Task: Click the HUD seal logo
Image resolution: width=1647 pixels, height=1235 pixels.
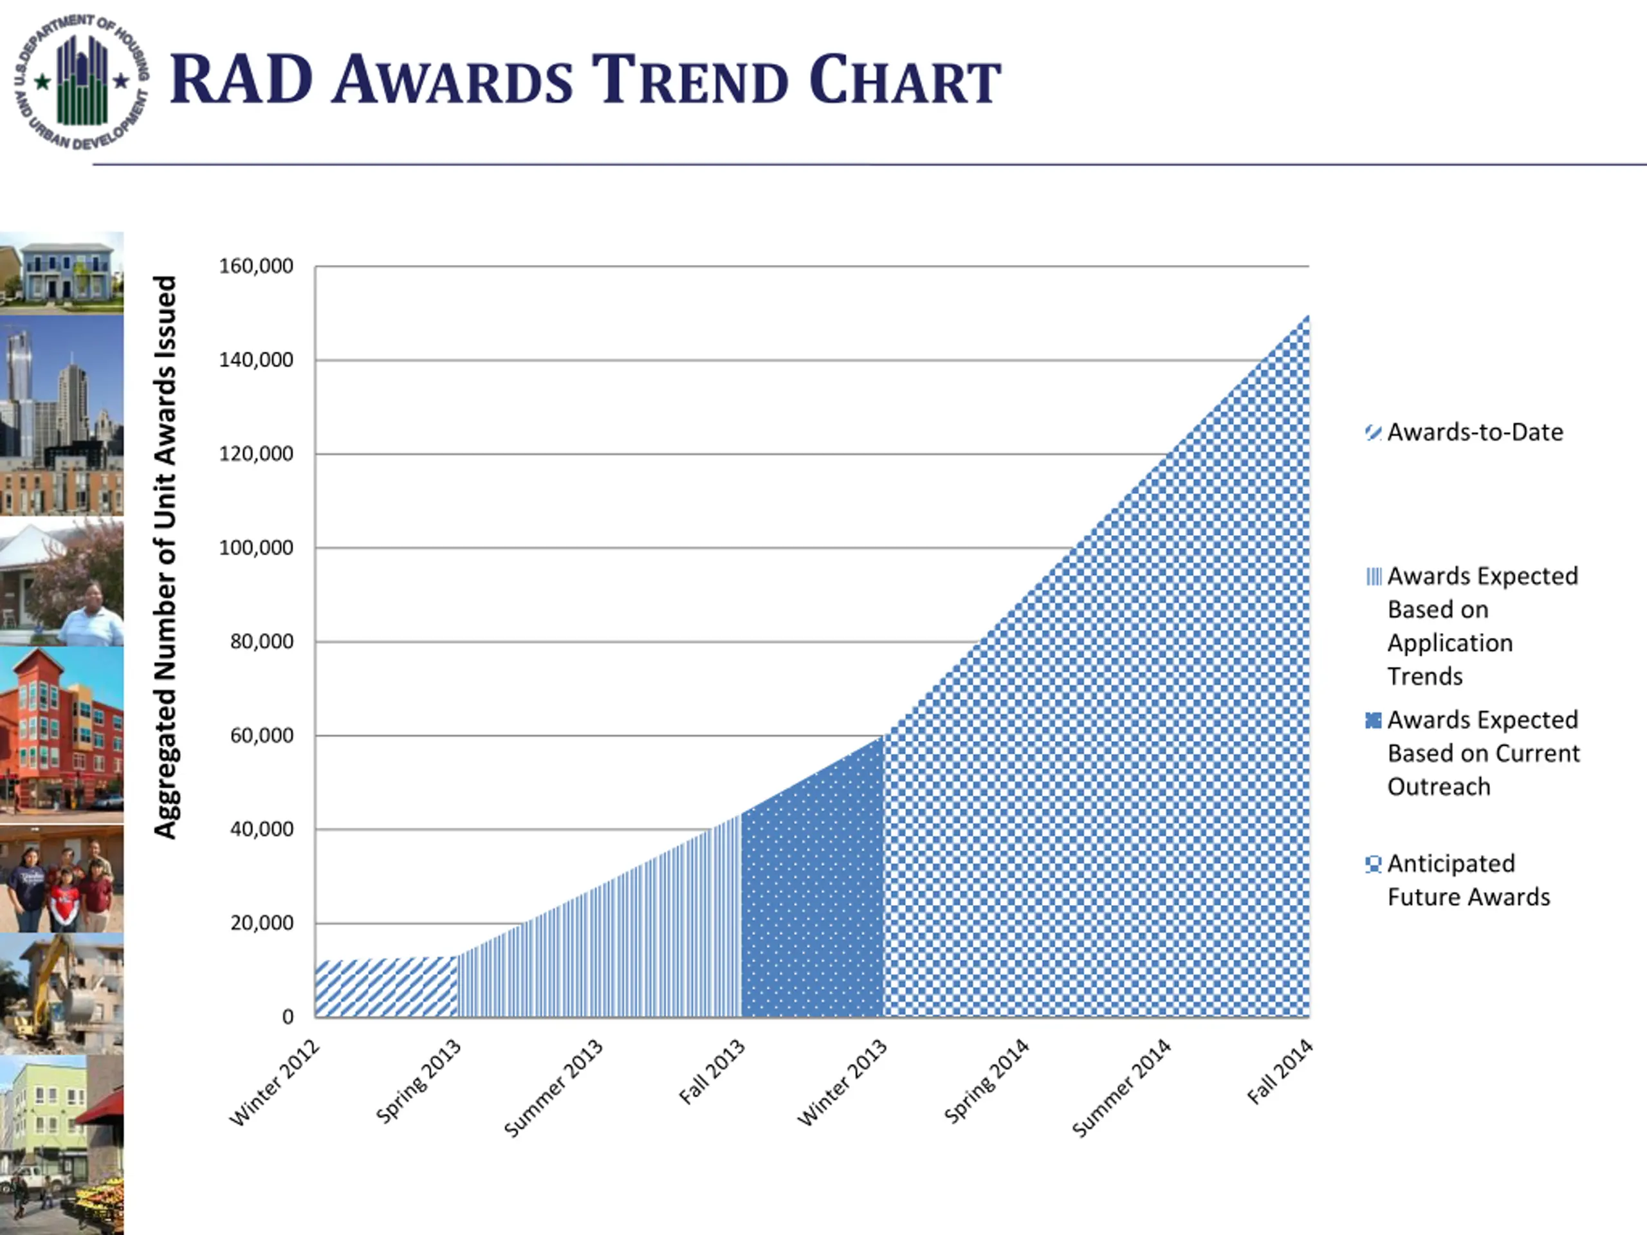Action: (x=81, y=81)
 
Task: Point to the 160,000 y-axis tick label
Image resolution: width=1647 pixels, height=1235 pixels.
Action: (x=256, y=266)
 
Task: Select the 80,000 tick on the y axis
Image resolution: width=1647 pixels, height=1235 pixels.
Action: (x=261, y=641)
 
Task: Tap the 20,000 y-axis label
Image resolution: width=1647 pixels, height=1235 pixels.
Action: (x=261, y=923)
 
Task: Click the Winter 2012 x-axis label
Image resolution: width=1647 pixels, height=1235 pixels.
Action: (x=275, y=1083)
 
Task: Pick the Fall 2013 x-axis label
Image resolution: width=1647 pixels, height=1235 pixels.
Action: (x=712, y=1072)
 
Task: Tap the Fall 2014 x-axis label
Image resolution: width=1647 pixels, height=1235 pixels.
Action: (x=1279, y=1072)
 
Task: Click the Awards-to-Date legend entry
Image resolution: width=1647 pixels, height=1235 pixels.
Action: (x=1475, y=432)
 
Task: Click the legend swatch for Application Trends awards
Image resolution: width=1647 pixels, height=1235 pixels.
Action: (x=1374, y=577)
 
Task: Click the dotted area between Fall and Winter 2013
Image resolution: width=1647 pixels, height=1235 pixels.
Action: (x=811, y=908)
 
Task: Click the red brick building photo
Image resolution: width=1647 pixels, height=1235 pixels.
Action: (x=61, y=733)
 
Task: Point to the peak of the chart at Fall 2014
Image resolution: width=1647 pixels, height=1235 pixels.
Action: (x=1307, y=316)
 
